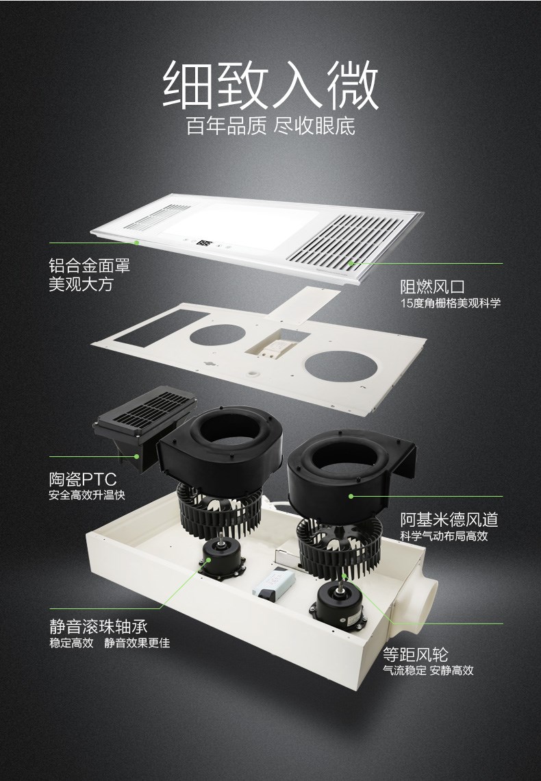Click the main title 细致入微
pos(270,85)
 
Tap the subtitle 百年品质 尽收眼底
pos(270,126)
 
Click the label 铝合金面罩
pos(90,265)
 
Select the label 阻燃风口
pos(433,286)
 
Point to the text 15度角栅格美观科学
pos(451,303)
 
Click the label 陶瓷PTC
pos(83,479)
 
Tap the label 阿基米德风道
pos(449,519)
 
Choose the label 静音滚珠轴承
pos(99,626)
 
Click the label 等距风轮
pos(416,654)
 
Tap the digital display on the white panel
pos(203,244)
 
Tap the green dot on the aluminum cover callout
pos(136,243)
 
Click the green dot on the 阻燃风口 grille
pos(351,263)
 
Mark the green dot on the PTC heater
pos(136,456)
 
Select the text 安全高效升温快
pos(86,495)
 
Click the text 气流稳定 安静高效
pos(428,670)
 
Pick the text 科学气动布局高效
pos(444,536)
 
